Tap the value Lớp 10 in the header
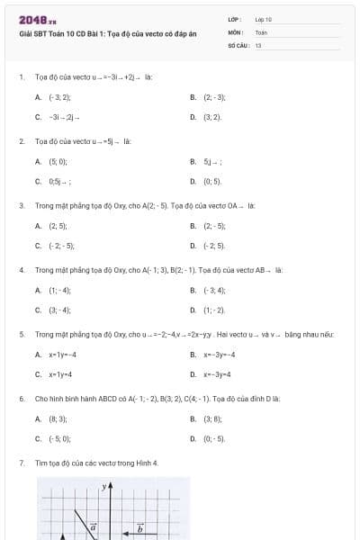(263, 19)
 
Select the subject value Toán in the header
(261, 31)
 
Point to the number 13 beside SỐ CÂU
(258, 44)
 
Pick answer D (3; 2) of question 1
(211, 117)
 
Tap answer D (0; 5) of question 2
(212, 182)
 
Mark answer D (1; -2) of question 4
(213, 310)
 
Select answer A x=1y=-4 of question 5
(62, 355)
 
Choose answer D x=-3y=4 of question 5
(217, 374)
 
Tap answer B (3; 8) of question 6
(212, 418)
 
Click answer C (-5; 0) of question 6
(59, 439)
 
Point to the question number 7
(21, 463)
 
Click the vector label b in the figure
(139, 528)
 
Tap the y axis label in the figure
(103, 486)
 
